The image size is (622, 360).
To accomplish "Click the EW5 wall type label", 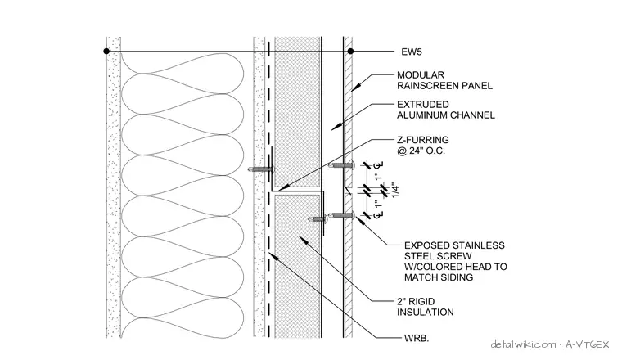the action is point(412,52).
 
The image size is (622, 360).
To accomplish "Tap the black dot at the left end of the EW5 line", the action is point(106,52).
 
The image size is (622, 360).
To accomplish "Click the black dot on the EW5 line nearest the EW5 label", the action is point(350,52).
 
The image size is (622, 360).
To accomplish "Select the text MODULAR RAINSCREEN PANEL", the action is point(444,80).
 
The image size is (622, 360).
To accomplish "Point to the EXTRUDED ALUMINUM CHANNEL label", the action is point(446,110).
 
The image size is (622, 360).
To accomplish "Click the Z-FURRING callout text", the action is point(423,140).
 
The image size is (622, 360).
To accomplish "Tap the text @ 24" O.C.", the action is point(421,151).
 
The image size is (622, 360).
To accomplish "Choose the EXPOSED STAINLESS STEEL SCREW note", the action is point(456,261).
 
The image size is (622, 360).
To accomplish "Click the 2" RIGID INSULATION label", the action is point(426,307).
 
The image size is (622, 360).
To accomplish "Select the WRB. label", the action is point(417,339).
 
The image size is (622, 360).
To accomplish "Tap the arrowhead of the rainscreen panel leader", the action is point(355,88).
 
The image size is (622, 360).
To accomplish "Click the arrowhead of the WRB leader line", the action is point(273,256).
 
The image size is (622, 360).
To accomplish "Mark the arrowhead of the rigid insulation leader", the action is point(303,240).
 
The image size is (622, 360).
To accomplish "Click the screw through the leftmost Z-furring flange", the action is point(261,169).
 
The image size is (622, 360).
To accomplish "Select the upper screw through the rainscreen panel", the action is point(341,165).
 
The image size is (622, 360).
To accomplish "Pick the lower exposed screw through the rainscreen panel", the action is point(341,215).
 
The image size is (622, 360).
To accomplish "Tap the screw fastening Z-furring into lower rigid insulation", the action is point(318,218).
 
